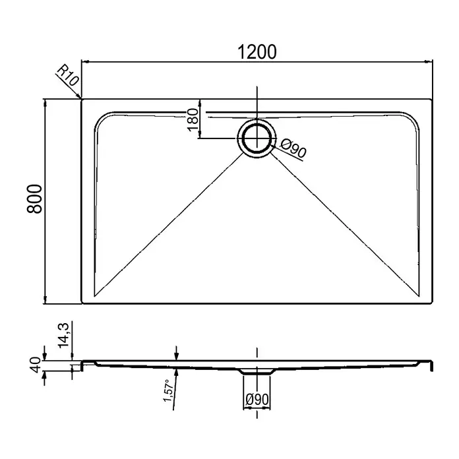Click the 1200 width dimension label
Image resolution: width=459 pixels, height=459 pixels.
point(257,52)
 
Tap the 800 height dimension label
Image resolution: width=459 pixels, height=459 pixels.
point(34,199)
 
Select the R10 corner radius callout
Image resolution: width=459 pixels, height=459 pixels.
point(68,75)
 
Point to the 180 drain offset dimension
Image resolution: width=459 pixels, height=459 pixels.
point(193,120)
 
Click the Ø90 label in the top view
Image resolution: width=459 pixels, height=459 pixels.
point(293,148)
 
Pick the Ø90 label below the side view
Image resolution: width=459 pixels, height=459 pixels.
point(257,400)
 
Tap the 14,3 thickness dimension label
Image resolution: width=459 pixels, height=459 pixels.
point(63,335)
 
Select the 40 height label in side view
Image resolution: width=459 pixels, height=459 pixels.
point(36,365)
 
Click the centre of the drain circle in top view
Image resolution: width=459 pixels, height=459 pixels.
point(257,138)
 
